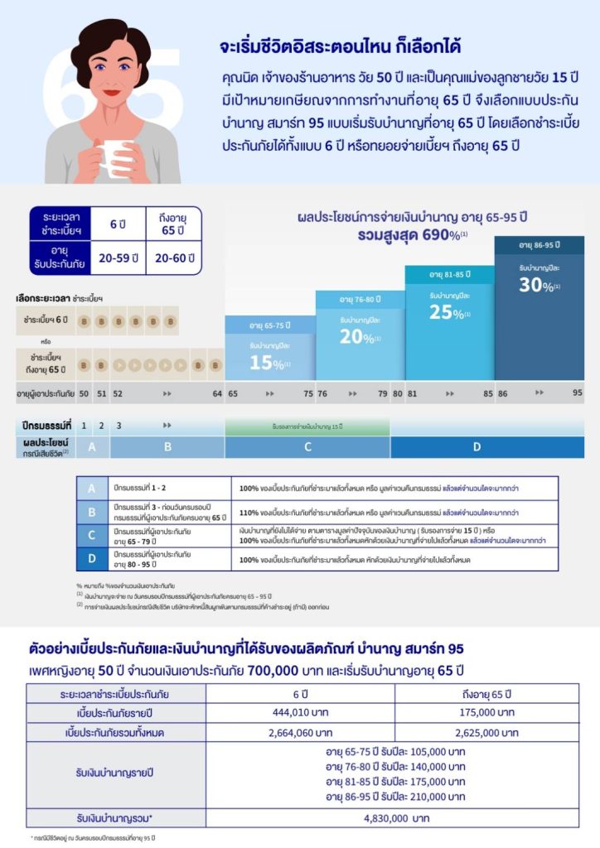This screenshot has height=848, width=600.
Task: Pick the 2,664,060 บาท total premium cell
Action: point(301,733)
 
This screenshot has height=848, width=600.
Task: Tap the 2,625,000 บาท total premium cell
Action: point(486,733)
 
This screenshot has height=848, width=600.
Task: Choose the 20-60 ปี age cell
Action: point(175,258)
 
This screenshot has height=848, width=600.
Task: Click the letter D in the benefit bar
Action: point(477,447)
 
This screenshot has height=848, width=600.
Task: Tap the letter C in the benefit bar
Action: point(307,447)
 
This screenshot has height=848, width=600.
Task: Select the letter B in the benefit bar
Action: point(167,447)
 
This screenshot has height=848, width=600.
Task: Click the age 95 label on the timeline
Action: point(578,393)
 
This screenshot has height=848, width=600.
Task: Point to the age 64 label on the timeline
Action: point(217,393)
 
